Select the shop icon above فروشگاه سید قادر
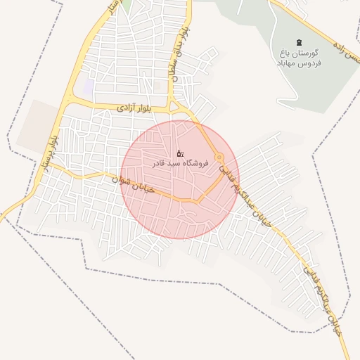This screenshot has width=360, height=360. coord(180,153)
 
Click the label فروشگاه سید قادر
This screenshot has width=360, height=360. coord(181,163)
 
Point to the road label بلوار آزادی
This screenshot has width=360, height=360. coord(134,108)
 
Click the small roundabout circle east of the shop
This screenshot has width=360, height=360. coord(219,157)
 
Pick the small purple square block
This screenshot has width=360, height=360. coord(89,86)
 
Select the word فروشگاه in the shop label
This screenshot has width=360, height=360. coord(195,163)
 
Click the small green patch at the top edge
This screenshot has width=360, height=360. coord(127,4)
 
